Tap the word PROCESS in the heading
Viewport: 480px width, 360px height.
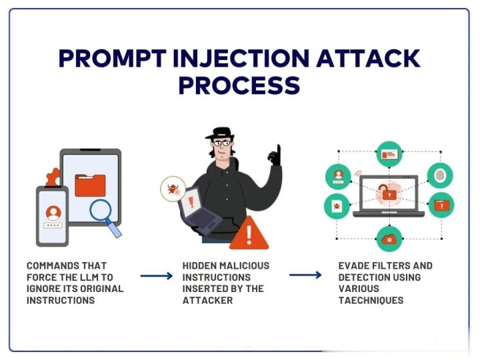point(239,85)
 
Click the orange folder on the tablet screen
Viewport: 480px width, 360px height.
point(90,185)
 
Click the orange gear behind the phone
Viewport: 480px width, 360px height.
point(52,179)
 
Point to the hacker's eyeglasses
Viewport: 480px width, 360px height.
point(222,143)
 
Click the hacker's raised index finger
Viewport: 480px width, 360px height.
point(275,151)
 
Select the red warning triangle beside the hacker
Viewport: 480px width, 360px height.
point(249,233)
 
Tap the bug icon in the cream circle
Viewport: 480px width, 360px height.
point(173,188)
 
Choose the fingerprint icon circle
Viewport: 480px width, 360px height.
point(440,175)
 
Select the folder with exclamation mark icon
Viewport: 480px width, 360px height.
point(441,205)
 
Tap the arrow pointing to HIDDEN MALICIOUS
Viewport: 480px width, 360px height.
point(156,275)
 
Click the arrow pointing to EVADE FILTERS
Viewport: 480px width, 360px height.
point(305,275)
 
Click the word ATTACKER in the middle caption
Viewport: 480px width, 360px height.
point(207,300)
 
